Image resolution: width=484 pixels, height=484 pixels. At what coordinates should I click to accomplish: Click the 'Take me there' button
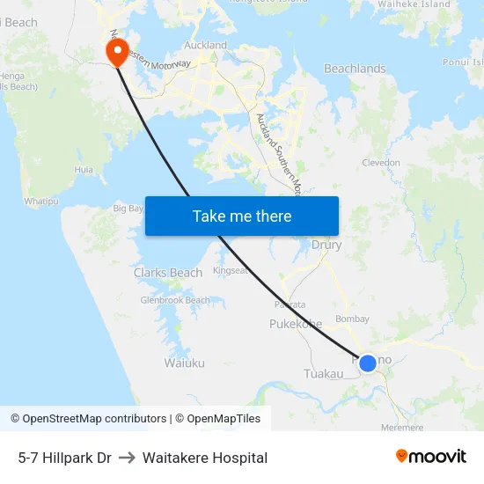coord(242,216)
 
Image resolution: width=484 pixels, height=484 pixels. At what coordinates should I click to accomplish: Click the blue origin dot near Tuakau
coord(368,363)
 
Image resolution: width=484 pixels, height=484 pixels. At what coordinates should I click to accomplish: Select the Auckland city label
coord(205,45)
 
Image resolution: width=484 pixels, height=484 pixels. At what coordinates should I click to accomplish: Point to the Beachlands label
coord(355,69)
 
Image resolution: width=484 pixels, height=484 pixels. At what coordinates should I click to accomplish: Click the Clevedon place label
coord(381,163)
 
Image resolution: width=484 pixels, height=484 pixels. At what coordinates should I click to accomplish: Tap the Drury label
coord(326,246)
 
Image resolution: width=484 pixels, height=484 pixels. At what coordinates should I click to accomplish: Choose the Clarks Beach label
coord(168,273)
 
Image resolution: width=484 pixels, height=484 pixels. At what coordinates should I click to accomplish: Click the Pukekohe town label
coord(296,324)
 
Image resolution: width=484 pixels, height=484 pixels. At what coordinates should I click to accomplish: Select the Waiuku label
coord(184,363)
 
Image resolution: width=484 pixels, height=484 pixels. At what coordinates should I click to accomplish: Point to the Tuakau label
coord(323,374)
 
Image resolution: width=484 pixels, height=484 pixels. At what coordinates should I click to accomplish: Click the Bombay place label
coord(352,319)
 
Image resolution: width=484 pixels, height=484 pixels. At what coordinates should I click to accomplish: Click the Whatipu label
coord(40,202)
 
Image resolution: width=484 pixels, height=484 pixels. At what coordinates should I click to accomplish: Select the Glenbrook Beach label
coord(175,300)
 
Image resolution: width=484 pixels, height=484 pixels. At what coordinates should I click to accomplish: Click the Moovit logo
coord(431,457)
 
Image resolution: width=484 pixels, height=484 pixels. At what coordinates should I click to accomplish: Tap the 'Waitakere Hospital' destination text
coord(205,458)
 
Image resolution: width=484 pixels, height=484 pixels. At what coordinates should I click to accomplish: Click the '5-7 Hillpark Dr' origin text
coord(64,458)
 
